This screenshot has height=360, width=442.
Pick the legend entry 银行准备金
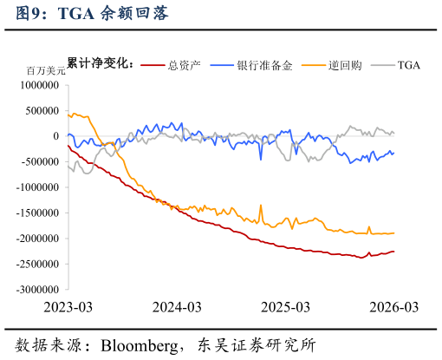[x=264, y=65]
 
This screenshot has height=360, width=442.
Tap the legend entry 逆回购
[x=344, y=65]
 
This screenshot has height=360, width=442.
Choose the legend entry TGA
[x=408, y=65]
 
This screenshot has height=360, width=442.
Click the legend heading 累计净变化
[x=101, y=64]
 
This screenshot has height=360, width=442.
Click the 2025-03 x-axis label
[x=285, y=307]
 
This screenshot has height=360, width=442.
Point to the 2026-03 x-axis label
[x=394, y=307]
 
